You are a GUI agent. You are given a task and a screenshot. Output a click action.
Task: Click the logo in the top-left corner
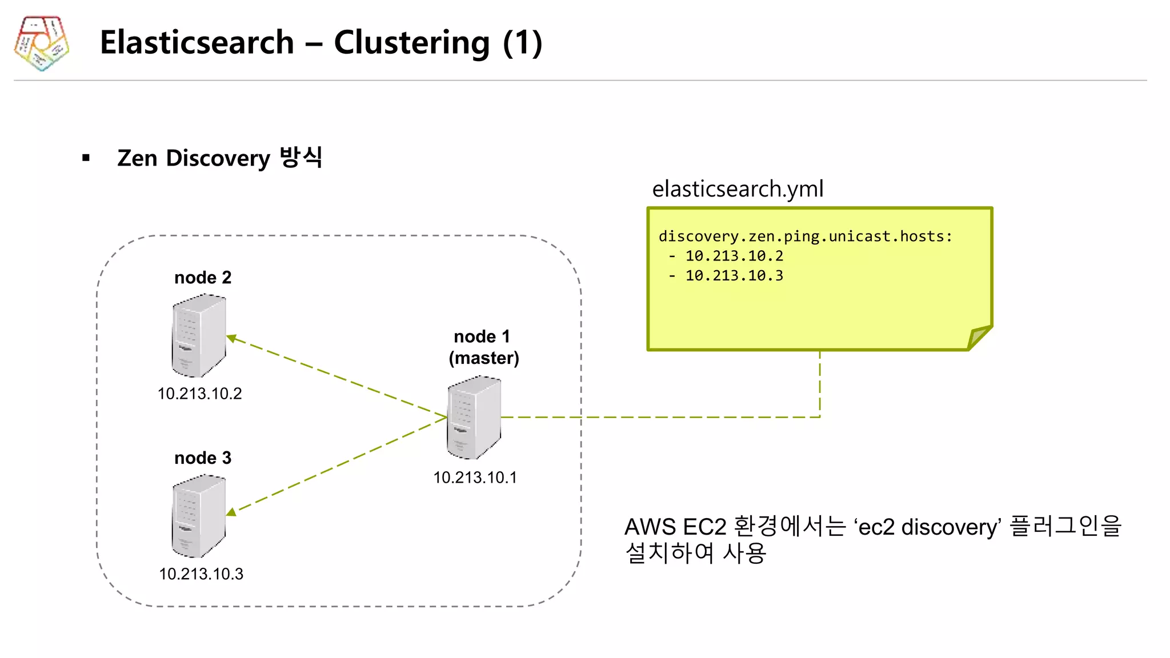tap(41, 43)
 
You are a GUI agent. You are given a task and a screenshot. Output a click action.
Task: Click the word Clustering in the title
tap(411, 43)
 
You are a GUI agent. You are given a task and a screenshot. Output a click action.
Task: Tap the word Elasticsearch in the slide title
tap(197, 43)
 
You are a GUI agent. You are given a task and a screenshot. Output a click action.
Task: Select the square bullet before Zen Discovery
tap(86, 158)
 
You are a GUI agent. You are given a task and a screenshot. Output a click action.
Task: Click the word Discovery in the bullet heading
tap(218, 158)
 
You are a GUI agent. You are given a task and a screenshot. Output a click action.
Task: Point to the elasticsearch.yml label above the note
tap(738, 189)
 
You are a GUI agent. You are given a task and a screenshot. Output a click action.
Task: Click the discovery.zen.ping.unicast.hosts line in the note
tap(806, 236)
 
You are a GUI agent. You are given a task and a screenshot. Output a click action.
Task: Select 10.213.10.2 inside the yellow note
tap(734, 256)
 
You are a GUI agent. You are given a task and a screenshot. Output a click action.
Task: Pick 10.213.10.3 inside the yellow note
tap(734, 276)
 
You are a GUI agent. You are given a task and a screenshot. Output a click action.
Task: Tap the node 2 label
tap(203, 278)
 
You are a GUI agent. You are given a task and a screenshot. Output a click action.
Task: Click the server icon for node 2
tap(199, 336)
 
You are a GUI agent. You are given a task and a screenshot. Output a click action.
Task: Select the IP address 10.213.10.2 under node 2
tap(200, 394)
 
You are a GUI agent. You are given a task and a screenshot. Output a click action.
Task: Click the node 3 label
tap(203, 458)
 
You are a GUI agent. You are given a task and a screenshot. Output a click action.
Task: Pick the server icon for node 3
tap(199, 516)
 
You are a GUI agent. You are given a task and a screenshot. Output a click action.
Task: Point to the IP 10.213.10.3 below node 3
tap(201, 574)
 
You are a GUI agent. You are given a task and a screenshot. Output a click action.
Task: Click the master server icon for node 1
tap(474, 418)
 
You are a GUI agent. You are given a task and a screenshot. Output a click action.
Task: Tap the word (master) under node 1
tap(484, 358)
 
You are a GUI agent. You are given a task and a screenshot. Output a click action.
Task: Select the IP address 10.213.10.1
tap(475, 478)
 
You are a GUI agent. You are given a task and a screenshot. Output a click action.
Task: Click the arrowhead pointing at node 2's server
tap(231, 338)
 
